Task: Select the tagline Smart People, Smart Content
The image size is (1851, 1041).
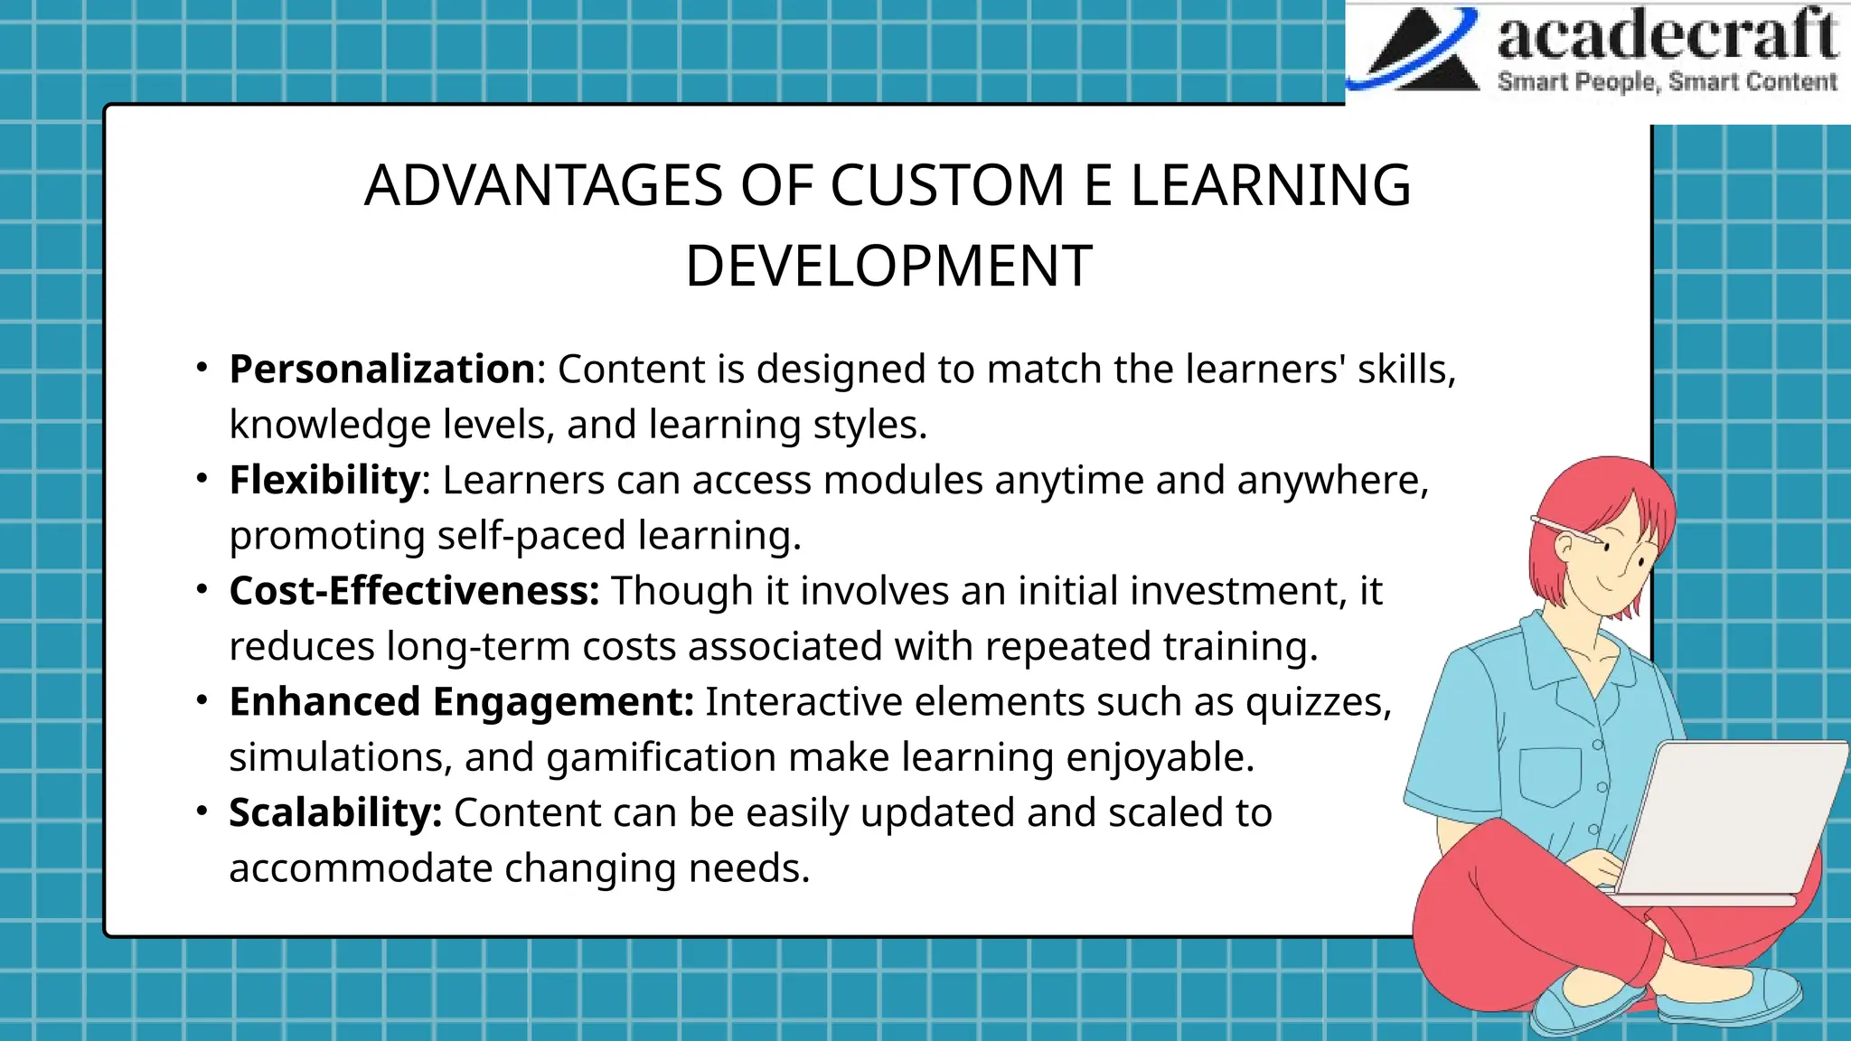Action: (x=1667, y=82)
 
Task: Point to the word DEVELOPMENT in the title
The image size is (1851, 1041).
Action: (x=888, y=267)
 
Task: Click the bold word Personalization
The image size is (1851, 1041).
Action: (x=382, y=370)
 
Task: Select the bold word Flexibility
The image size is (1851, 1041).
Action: (x=324, y=481)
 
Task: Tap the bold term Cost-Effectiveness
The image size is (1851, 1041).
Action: (x=414, y=592)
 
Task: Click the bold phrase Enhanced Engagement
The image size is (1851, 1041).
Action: (x=461, y=702)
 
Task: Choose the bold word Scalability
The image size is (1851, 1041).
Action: (x=334, y=813)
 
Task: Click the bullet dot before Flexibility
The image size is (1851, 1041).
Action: (x=202, y=478)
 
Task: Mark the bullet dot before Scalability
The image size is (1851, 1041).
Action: (x=202, y=811)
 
